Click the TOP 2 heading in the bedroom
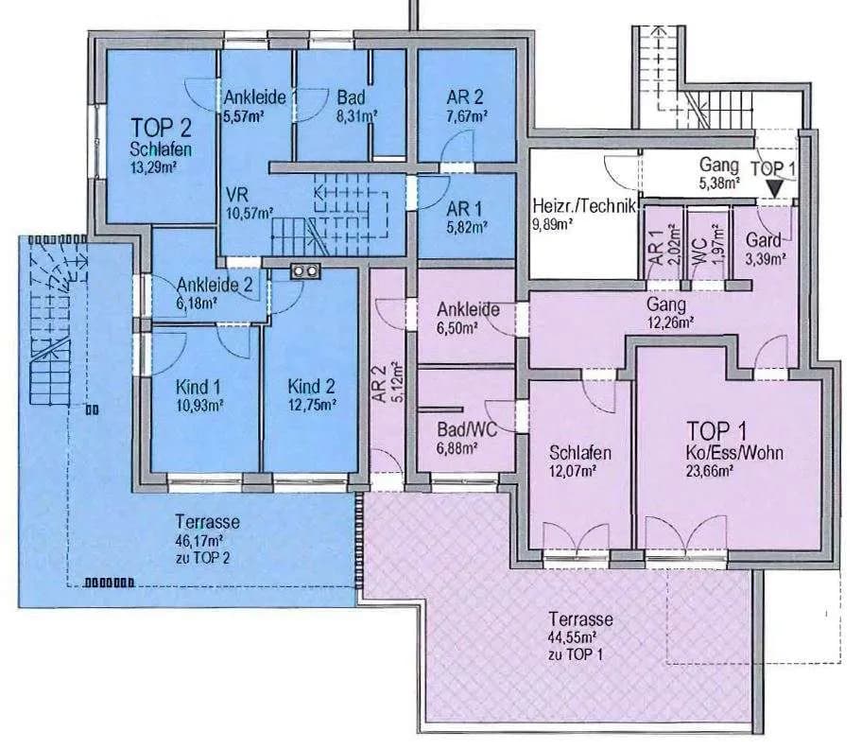coord(161,128)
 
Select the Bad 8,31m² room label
coord(356,106)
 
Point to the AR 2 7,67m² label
coord(465,106)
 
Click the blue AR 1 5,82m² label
coord(467,218)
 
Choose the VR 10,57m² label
coord(249,202)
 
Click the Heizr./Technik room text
coord(584,206)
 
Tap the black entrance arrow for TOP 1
coord(775,190)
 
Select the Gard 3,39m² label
coord(765,249)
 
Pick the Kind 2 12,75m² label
coord(312,395)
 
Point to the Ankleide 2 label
coord(215,285)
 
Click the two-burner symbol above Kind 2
coord(305,270)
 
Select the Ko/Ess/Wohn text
coord(734,453)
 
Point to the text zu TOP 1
coord(575,655)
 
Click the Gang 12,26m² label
coord(669,312)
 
